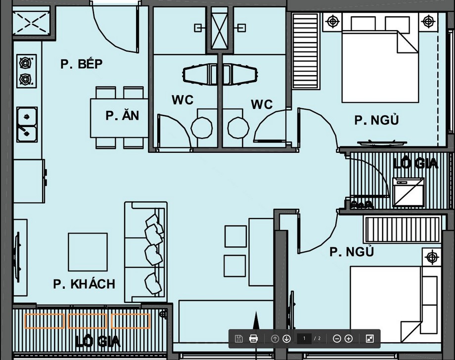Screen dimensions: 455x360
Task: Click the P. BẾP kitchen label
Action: click(82, 64)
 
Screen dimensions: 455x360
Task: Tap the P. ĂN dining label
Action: click(122, 115)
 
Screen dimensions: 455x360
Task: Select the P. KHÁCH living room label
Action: click(84, 284)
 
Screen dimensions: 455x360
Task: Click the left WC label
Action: click(182, 100)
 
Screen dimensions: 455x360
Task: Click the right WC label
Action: click(262, 104)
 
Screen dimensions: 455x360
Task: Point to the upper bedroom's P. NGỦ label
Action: click(377, 120)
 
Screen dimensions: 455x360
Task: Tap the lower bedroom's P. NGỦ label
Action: click(352, 252)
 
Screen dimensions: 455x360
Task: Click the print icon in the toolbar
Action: click(253, 339)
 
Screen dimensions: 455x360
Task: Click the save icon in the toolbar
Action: click(238, 339)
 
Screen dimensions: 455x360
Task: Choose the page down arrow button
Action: click(287, 339)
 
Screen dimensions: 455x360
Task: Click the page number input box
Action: click(304, 339)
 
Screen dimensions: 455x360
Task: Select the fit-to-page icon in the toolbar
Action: click(370, 339)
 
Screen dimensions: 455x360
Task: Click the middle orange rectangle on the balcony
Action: click(88, 321)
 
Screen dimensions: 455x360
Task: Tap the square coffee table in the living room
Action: click(88, 252)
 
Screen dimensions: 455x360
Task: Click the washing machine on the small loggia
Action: click(408, 192)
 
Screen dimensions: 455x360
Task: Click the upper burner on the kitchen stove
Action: click(26, 63)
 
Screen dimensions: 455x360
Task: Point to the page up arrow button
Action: click(275, 339)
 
